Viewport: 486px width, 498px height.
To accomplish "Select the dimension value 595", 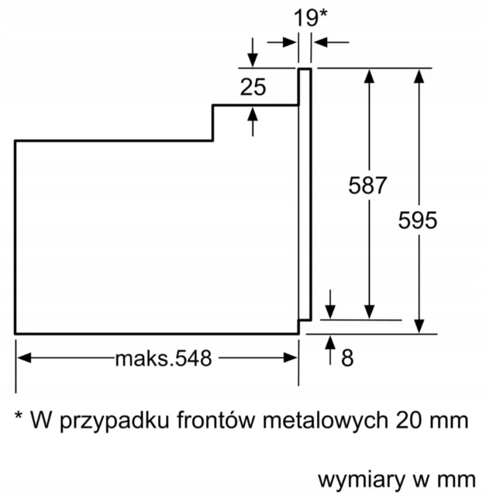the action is point(418,220).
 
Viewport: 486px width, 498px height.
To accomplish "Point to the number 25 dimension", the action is point(253,87).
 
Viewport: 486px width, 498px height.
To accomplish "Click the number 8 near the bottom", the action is point(346,358).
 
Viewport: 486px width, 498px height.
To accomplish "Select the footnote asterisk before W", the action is point(19,419).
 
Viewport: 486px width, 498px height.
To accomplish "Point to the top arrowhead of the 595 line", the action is point(420,76).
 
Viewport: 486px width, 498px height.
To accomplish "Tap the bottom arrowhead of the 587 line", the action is point(371,311).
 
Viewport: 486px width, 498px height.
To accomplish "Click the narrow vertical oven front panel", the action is point(305,194).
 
